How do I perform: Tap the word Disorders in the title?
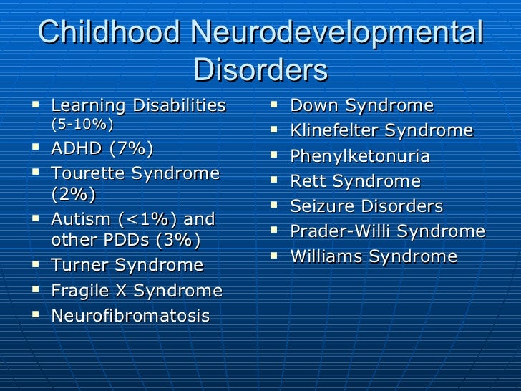coord(260,70)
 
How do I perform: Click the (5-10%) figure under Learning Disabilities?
coord(82,124)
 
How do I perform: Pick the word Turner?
coord(82,266)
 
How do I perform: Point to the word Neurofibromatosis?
coord(130,316)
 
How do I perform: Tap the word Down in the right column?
coord(313,106)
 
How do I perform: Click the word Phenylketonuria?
coord(359,156)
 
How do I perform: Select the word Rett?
coord(308,181)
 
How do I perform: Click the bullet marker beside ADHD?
coord(36,148)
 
